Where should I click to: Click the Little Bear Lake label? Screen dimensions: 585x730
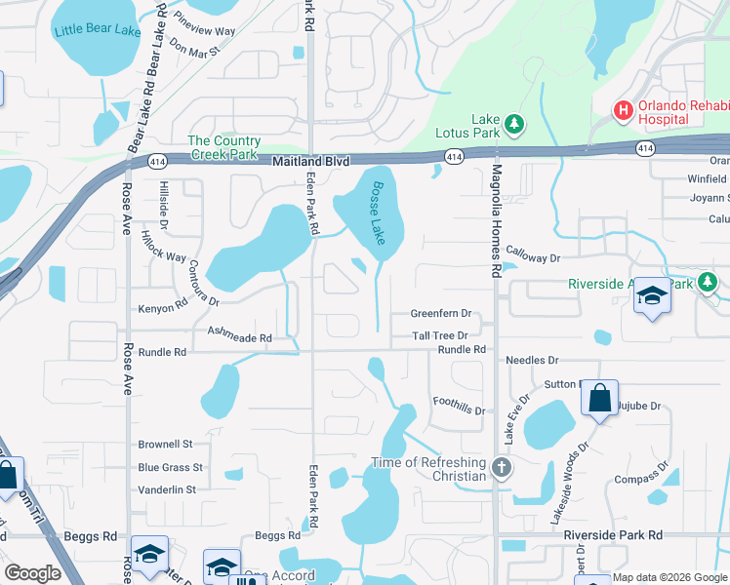pyautogui.click(x=98, y=30)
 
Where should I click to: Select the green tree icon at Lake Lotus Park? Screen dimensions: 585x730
pyautogui.click(x=514, y=125)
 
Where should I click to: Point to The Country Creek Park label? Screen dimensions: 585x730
pyautogui.click(x=223, y=148)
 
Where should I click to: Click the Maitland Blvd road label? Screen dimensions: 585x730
pyautogui.click(x=310, y=161)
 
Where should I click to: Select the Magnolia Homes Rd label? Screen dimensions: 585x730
pyautogui.click(x=496, y=223)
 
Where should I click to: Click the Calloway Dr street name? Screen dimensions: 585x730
pyautogui.click(x=533, y=258)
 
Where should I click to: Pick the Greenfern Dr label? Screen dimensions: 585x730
pyautogui.click(x=440, y=314)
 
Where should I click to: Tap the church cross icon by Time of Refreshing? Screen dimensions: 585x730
pyautogui.click(x=501, y=467)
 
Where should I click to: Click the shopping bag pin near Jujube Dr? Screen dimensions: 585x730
pyautogui.click(x=598, y=398)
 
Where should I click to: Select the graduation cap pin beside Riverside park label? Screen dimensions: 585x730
pyautogui.click(x=653, y=294)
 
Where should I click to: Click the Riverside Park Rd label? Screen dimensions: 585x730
pyautogui.click(x=612, y=535)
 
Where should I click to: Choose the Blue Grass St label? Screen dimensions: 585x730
pyautogui.click(x=170, y=468)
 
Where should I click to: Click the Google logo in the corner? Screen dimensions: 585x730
pyautogui.click(x=32, y=573)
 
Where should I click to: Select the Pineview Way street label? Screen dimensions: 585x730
pyautogui.click(x=204, y=24)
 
